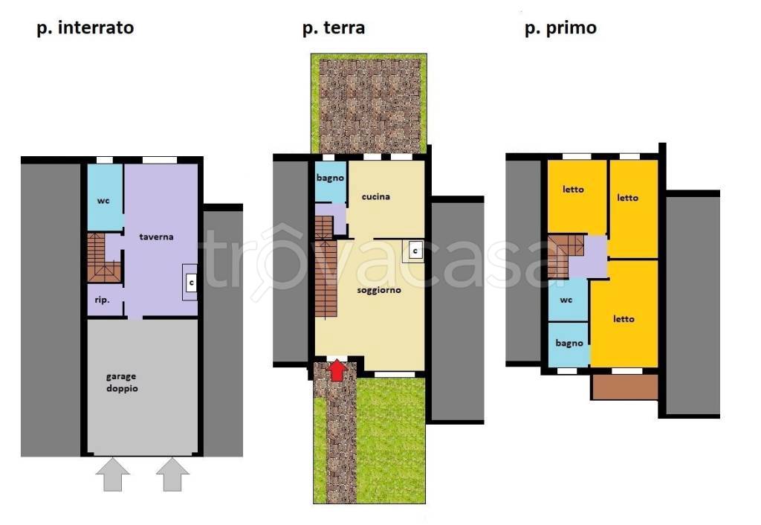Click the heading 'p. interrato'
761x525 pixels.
click(x=85, y=28)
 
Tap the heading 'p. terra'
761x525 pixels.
click(x=333, y=28)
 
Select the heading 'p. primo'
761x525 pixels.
click(x=560, y=28)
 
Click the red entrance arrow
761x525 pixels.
click(x=337, y=370)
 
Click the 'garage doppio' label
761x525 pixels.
click(x=120, y=382)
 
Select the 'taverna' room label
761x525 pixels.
click(x=157, y=236)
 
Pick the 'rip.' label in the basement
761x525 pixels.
click(x=103, y=300)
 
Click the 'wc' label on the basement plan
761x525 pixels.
click(x=103, y=201)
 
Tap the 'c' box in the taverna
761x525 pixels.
click(x=191, y=283)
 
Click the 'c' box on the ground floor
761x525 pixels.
click(x=415, y=251)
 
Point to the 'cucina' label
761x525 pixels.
click(x=376, y=197)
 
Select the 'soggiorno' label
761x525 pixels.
click(x=379, y=290)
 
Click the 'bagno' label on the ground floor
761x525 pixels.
click(x=329, y=178)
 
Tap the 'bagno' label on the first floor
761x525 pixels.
click(x=569, y=343)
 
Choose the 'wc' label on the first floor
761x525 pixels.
click(x=566, y=300)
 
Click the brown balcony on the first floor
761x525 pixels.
click(x=625, y=387)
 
